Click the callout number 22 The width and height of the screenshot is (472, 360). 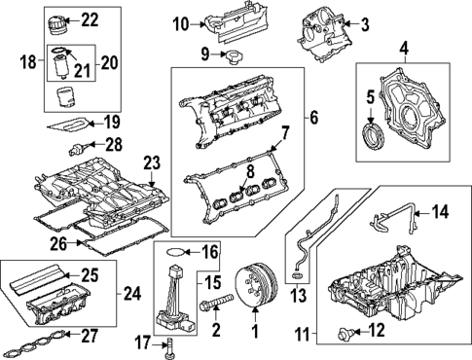pyautogui.click(x=90, y=19)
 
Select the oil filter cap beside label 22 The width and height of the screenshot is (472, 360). pyautogui.click(x=58, y=19)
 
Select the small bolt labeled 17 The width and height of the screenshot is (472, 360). pyautogui.click(x=171, y=343)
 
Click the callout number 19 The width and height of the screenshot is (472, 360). pyautogui.click(x=112, y=122)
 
